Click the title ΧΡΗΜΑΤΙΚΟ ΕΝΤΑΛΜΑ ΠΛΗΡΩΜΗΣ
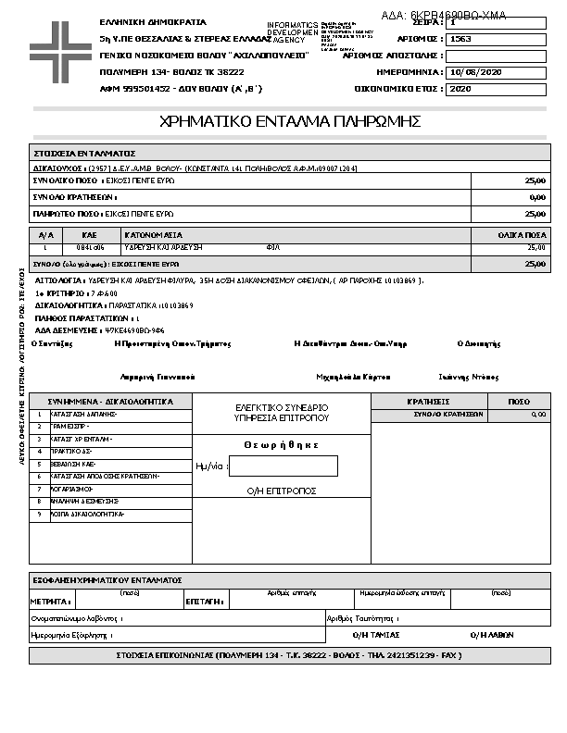[291, 121]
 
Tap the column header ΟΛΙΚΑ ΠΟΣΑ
[523, 235]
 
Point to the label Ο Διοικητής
[479, 343]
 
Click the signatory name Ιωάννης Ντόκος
[468, 377]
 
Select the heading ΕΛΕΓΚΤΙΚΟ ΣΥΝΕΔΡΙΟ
[282, 407]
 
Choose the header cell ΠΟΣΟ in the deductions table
[520, 402]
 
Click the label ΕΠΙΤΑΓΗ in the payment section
[204, 602]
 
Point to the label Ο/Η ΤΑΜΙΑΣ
[377, 635]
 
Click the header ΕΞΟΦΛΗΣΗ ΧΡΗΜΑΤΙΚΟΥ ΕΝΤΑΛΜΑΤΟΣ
[107, 579]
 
